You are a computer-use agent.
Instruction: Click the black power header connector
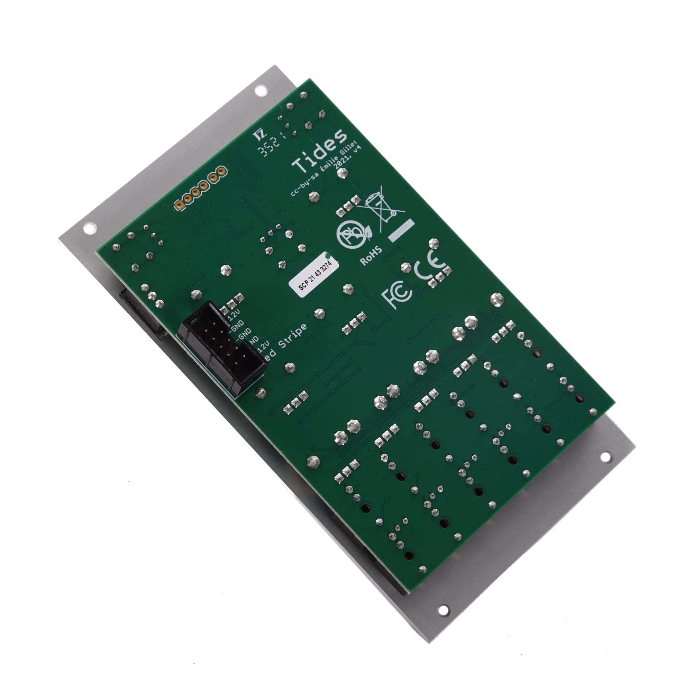(x=222, y=346)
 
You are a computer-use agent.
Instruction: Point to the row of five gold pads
(x=201, y=188)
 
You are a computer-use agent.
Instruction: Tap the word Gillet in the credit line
(x=349, y=146)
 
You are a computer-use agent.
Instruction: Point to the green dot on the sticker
(x=327, y=255)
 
